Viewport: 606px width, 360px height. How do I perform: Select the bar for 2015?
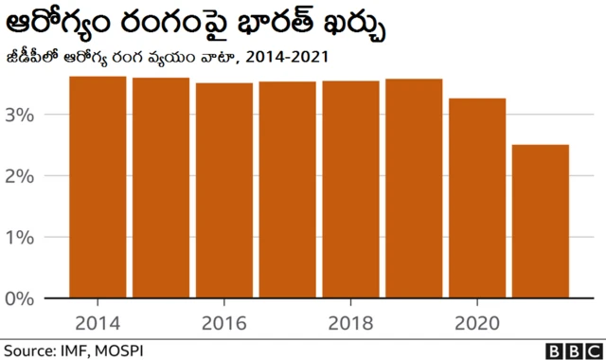(x=161, y=189)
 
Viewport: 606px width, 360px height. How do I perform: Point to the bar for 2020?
(x=477, y=199)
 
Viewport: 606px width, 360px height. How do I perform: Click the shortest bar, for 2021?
(x=541, y=222)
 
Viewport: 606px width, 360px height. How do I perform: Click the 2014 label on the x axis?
(x=98, y=320)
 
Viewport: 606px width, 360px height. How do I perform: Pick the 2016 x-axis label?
(x=224, y=320)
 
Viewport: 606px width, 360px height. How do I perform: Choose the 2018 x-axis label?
(x=350, y=320)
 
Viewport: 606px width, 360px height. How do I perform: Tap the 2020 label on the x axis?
(x=477, y=320)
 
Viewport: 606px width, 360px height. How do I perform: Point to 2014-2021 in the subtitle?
(x=286, y=57)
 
